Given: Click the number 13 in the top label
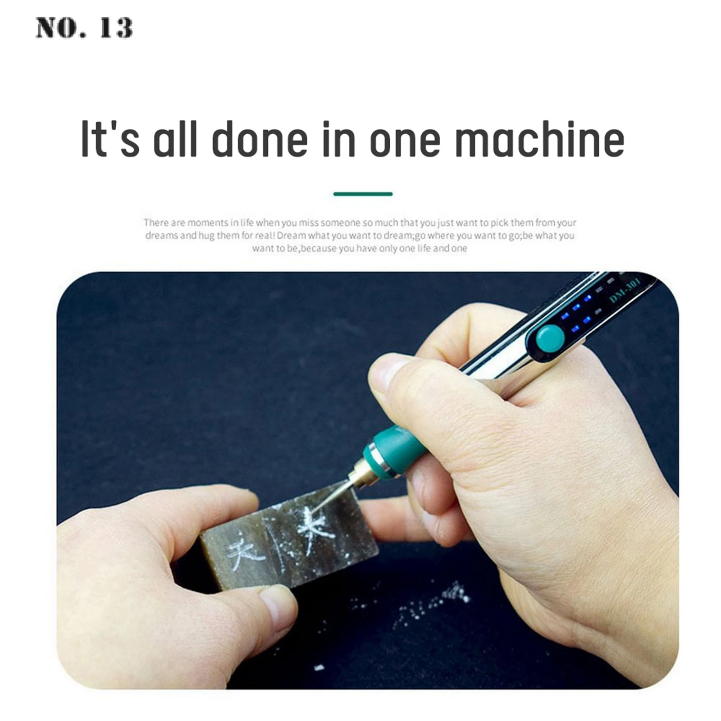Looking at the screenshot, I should (116, 28).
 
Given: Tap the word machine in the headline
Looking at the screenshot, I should (539, 139).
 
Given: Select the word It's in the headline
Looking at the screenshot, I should (110, 139).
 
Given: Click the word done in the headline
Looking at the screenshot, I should (260, 139).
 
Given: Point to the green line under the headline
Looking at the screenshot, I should (363, 194).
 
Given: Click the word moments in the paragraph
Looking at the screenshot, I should (208, 223).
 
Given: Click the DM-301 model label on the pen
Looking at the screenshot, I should (624, 293).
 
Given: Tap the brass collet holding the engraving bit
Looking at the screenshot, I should (360, 475).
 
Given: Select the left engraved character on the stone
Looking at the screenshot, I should (244, 549).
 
